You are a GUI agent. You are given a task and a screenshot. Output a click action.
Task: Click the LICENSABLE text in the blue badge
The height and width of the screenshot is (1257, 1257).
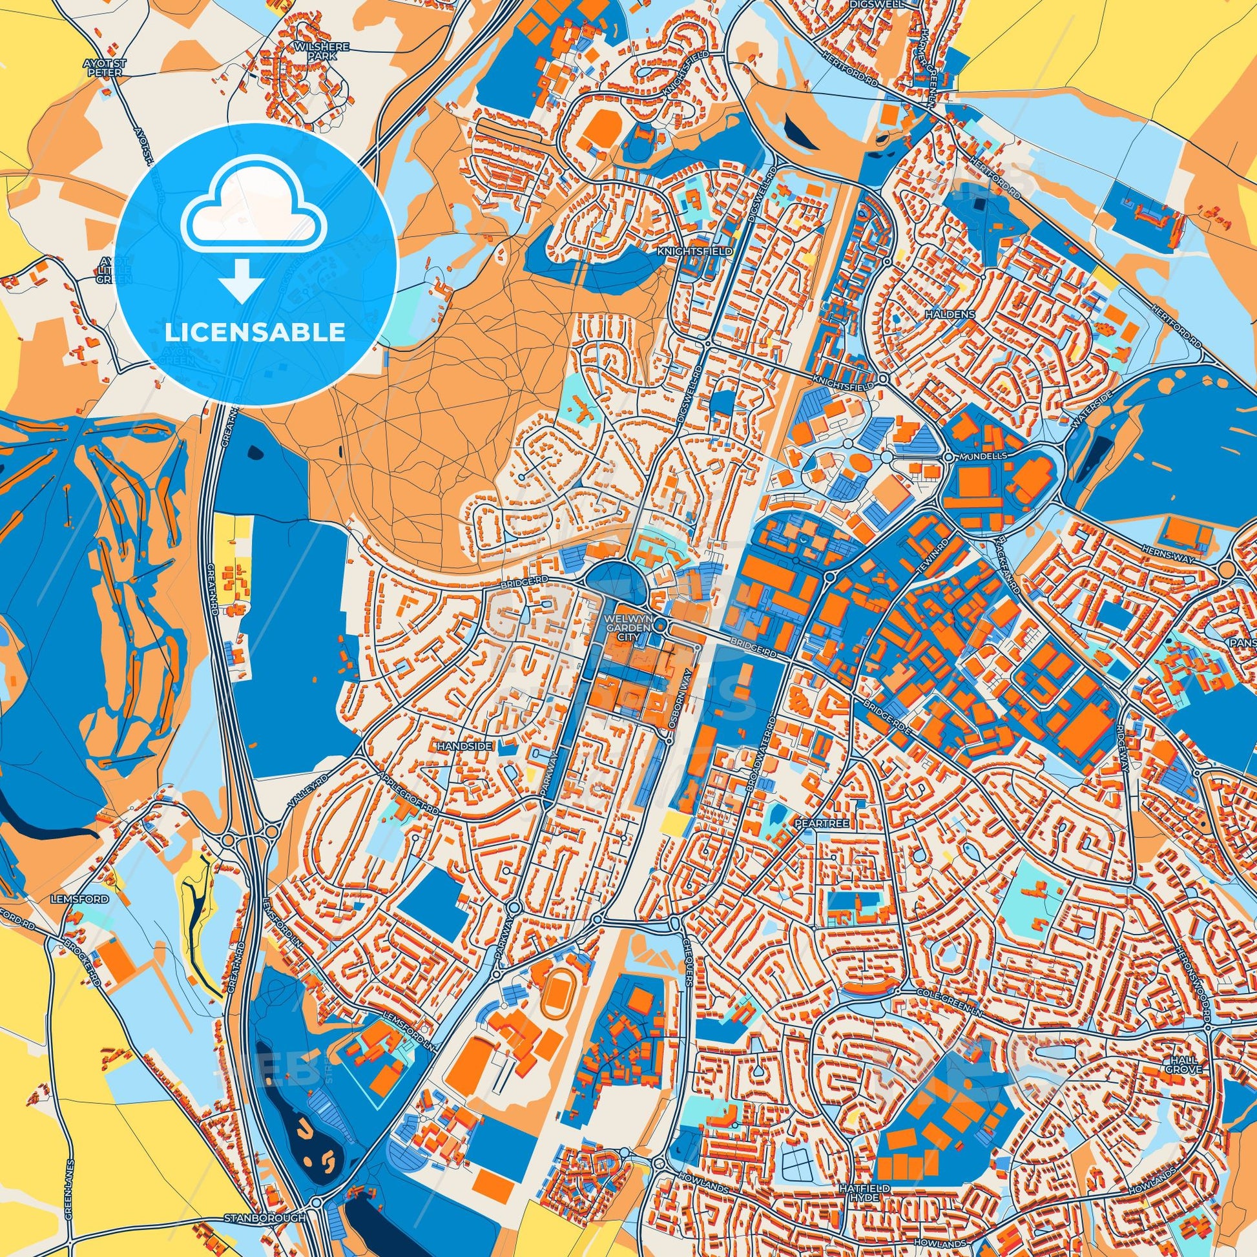pyautogui.click(x=255, y=333)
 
